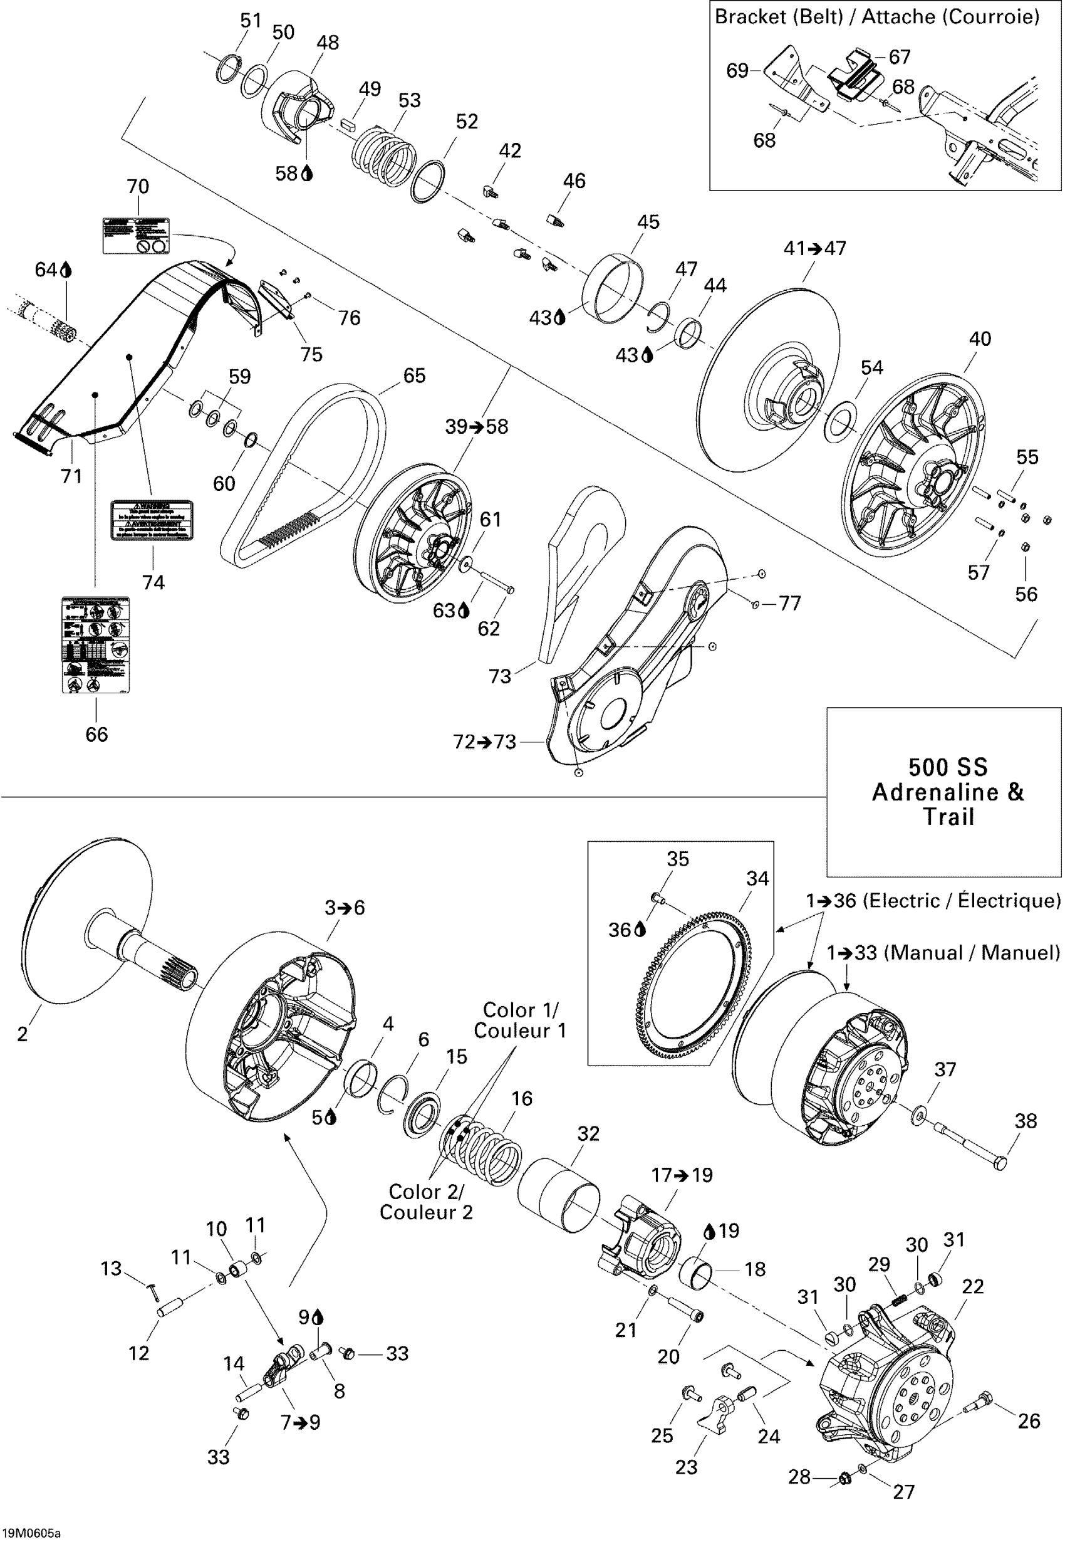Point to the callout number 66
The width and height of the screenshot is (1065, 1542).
tap(96, 734)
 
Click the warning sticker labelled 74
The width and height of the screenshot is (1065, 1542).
tap(152, 521)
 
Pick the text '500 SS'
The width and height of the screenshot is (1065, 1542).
tap(948, 767)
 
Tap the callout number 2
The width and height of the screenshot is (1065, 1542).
tap(23, 1034)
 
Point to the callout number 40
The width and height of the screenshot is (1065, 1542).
tap(980, 339)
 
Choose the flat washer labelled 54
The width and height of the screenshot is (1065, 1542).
tap(840, 421)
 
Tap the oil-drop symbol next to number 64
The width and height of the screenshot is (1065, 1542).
tap(66, 270)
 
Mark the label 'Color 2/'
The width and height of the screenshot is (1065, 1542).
tap(426, 1192)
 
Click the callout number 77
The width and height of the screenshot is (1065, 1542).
tap(790, 604)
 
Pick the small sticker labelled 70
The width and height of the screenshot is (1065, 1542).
tap(135, 235)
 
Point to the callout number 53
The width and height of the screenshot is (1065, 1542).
tap(409, 100)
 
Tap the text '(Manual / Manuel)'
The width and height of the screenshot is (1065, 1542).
tap(972, 953)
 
